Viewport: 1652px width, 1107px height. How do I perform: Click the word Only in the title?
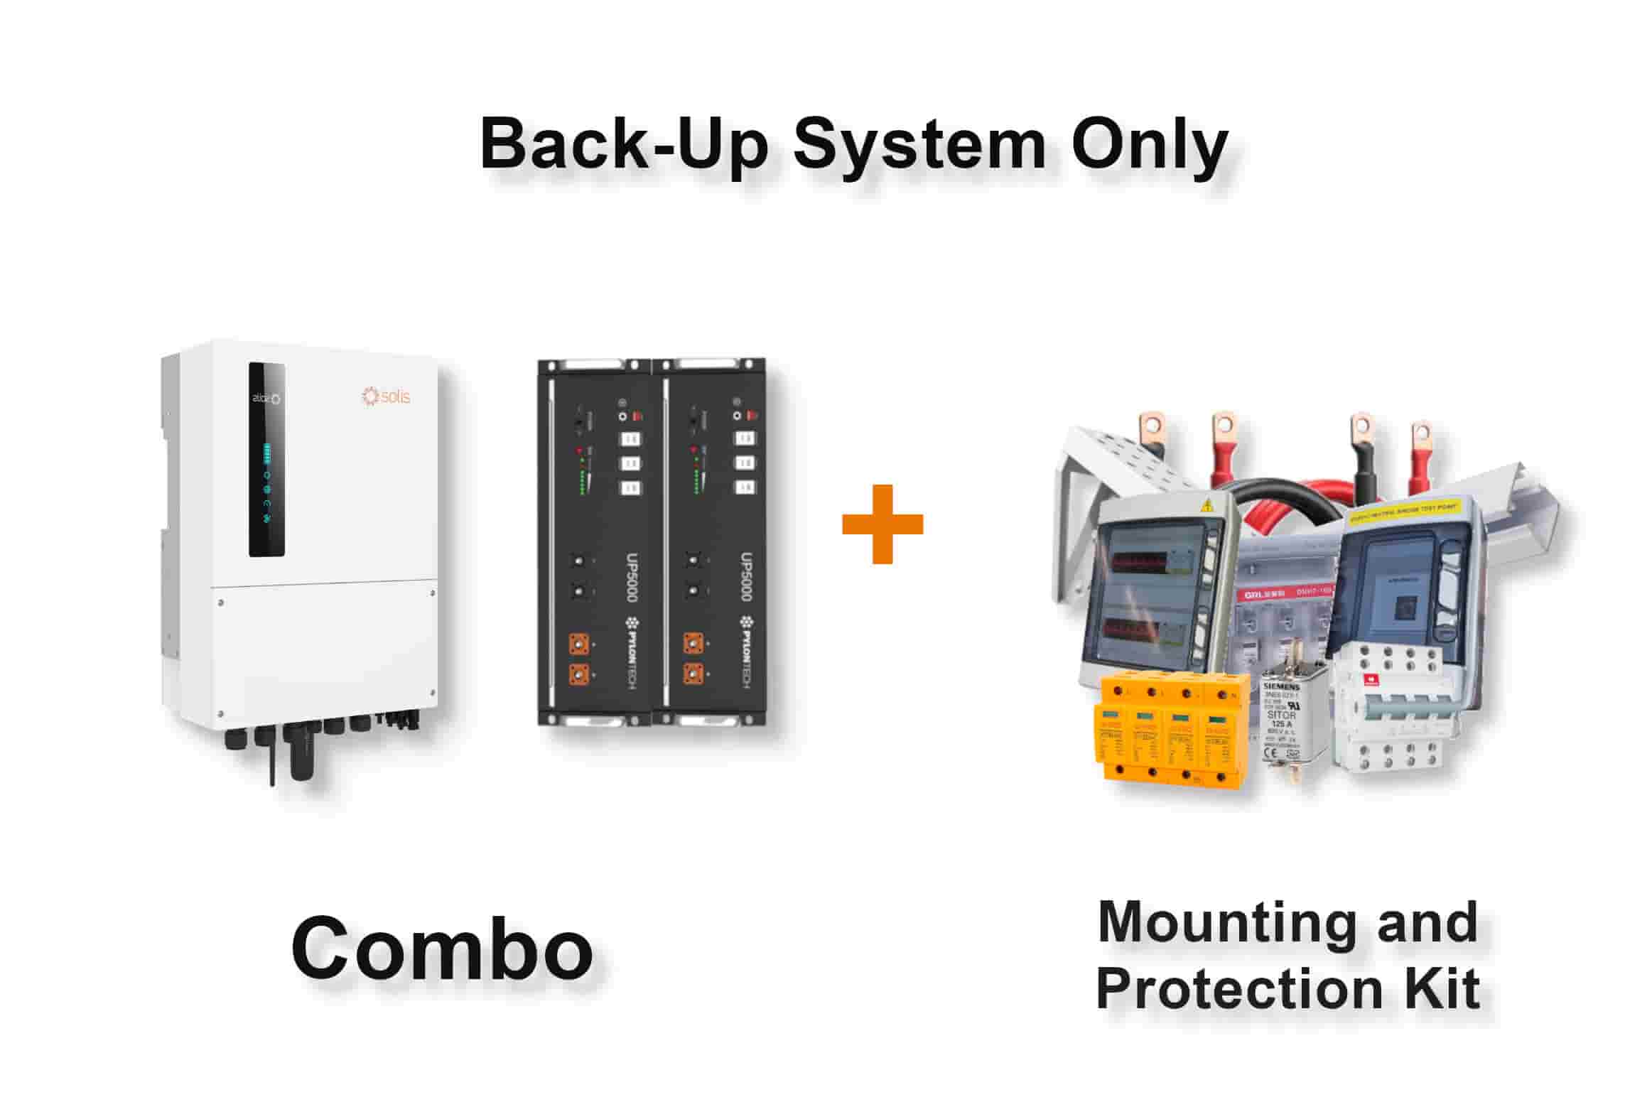(x=1149, y=144)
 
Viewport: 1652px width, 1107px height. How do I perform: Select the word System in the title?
(x=919, y=144)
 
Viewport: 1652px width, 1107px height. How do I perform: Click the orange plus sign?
(x=882, y=524)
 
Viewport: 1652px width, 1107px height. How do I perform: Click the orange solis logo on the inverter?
(x=386, y=396)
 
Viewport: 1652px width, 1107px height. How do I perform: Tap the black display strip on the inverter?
(x=266, y=460)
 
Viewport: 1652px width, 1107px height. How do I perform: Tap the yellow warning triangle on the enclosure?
(x=1206, y=507)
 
